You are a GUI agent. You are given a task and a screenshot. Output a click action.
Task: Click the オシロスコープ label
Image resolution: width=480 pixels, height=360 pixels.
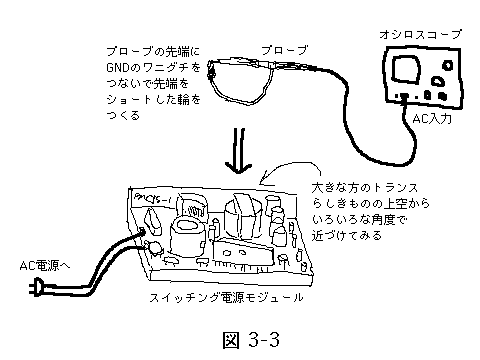[421, 34]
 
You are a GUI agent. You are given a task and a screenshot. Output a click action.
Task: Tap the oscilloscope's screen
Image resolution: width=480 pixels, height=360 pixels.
[406, 69]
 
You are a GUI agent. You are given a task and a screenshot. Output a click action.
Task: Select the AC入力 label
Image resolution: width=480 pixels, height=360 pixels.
[432, 118]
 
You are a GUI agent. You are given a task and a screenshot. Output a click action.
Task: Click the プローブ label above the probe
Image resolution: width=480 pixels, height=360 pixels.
[284, 50]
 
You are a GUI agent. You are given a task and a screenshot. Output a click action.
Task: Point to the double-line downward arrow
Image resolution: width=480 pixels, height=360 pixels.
[239, 151]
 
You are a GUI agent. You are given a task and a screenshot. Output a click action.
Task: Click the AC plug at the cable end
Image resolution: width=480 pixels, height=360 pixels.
[36, 287]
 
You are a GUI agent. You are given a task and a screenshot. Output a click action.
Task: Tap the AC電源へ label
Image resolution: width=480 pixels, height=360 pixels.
[45, 266]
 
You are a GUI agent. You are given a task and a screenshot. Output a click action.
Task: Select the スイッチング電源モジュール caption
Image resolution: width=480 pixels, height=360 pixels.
[226, 297]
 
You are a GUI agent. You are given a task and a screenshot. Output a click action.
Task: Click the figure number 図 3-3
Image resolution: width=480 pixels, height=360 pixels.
[251, 340]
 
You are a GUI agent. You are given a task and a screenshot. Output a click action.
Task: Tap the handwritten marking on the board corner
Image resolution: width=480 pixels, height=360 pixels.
[152, 199]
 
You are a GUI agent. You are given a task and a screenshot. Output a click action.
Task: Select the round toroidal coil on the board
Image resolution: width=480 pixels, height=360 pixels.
[186, 237]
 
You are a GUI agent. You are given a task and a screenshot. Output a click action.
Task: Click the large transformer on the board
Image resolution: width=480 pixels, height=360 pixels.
[242, 217]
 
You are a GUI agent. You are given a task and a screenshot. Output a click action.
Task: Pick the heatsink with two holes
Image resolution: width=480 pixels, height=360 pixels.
[243, 253]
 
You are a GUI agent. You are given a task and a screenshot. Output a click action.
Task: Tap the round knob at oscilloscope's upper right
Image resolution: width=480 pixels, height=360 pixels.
[448, 65]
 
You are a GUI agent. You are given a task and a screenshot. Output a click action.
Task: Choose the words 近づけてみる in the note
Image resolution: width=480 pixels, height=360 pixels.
[347, 236]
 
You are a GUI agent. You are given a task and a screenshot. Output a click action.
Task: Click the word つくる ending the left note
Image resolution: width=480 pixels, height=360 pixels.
[123, 116]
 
